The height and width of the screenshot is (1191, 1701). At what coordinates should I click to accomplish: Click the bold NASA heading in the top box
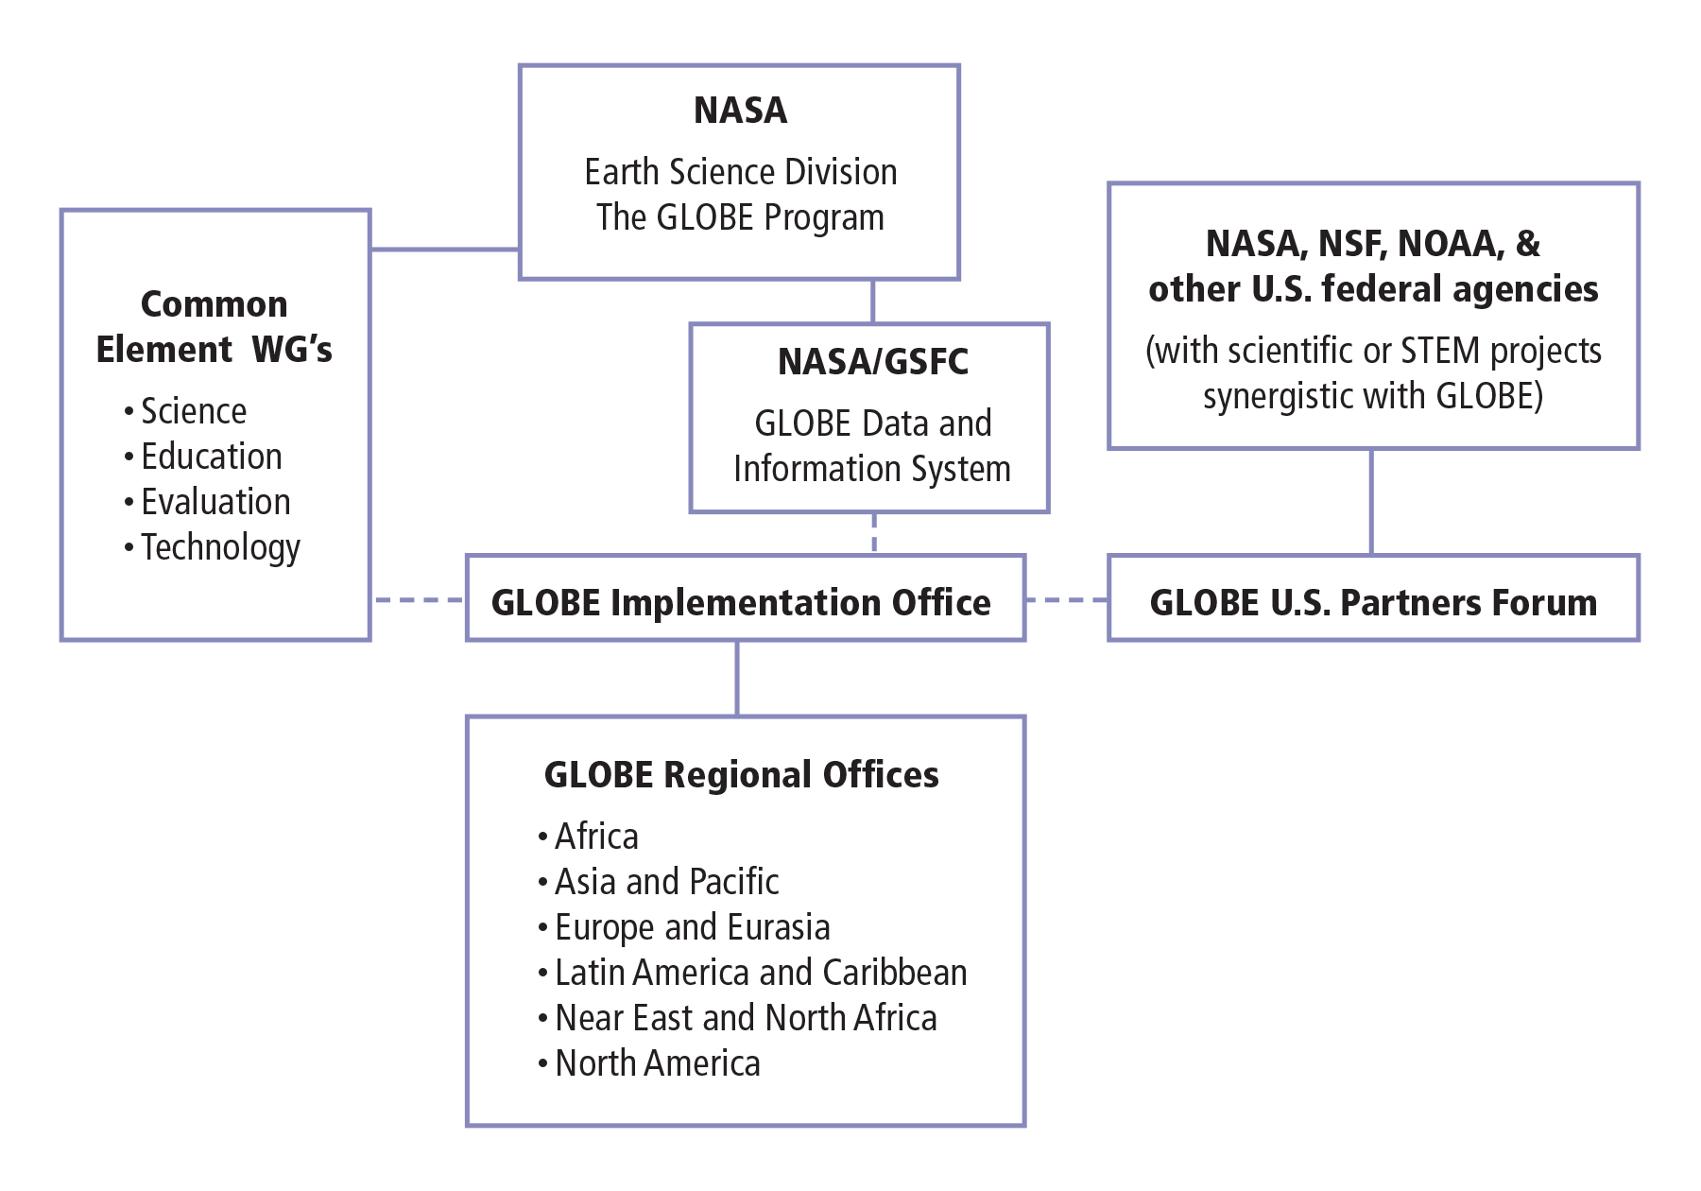(x=740, y=111)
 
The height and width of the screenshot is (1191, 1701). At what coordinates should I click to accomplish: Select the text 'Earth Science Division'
(x=740, y=172)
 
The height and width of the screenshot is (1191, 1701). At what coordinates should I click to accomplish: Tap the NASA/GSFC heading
(x=872, y=362)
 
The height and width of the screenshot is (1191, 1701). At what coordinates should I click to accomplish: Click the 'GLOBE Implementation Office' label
(x=741, y=602)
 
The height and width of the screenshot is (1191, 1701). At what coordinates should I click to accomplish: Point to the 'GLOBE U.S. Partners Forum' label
(x=1372, y=602)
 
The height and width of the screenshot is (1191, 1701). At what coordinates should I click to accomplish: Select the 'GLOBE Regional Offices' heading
(x=741, y=774)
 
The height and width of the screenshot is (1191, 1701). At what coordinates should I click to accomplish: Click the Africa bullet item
(x=596, y=837)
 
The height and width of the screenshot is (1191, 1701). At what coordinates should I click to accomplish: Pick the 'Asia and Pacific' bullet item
(x=666, y=882)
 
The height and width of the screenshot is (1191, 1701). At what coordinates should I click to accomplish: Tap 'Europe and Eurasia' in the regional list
(x=692, y=927)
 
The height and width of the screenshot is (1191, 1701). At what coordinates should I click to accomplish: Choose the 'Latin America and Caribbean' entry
(x=760, y=973)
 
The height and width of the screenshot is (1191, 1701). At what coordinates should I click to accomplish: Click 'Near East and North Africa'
(x=746, y=1018)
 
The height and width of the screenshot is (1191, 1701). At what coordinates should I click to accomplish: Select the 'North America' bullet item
(x=657, y=1063)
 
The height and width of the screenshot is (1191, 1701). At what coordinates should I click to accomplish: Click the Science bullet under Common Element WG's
(x=193, y=411)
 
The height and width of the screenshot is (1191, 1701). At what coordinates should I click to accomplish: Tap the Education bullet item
(x=211, y=457)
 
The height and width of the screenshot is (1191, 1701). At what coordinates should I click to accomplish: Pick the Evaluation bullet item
(x=215, y=502)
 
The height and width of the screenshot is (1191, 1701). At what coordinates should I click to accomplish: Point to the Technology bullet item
(x=220, y=547)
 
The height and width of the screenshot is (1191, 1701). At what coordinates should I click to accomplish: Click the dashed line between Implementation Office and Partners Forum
(x=1066, y=599)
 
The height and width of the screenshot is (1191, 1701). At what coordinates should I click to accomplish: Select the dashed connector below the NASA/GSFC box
(x=874, y=533)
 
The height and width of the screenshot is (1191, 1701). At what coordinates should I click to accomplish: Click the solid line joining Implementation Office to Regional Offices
(x=737, y=678)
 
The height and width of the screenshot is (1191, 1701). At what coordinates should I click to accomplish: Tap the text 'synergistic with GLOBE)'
(x=1372, y=396)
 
